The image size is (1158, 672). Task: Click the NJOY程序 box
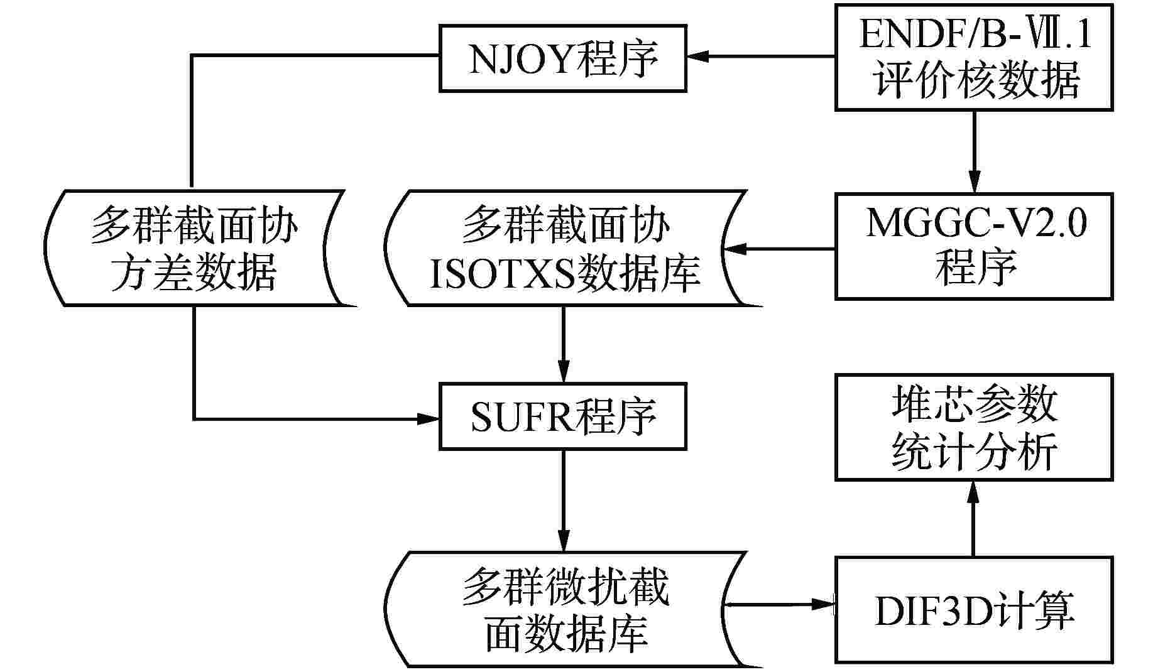562,58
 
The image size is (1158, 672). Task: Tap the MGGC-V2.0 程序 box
973,246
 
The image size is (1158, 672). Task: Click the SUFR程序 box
562,416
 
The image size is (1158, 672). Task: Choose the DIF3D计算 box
973,609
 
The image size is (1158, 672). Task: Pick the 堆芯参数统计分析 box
973,427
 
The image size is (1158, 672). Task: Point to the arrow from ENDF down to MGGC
973,151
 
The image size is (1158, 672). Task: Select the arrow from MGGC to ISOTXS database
785,249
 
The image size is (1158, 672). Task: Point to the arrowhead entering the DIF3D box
823,605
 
